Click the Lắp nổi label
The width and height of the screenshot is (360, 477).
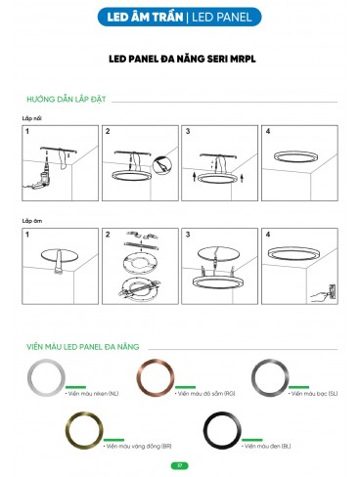point(32,117)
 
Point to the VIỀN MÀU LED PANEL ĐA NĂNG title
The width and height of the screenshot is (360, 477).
point(87,346)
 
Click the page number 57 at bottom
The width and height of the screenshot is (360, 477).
point(179,464)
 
